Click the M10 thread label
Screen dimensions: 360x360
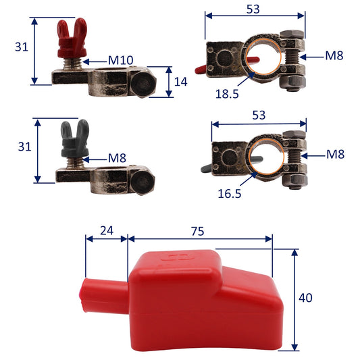click(x=120, y=60)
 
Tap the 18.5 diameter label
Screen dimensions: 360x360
click(x=227, y=94)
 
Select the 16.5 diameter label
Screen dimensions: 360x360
click(x=230, y=193)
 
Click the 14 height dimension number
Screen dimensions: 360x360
click(x=181, y=82)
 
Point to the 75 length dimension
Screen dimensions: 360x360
click(x=197, y=231)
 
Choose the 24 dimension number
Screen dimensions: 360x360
click(x=107, y=230)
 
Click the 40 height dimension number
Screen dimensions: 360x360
click(x=305, y=298)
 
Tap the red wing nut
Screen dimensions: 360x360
click(x=72, y=38)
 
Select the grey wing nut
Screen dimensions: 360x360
click(x=75, y=138)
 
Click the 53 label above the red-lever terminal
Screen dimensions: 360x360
click(x=253, y=9)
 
